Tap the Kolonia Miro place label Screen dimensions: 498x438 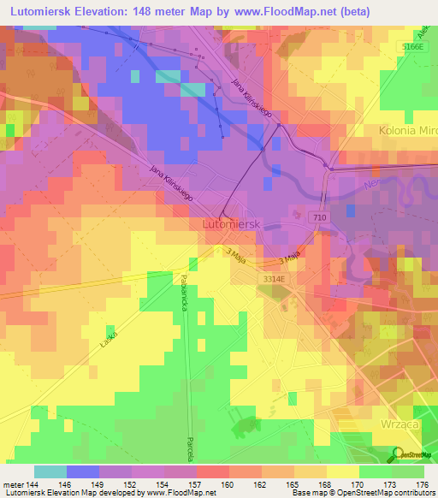point(406,131)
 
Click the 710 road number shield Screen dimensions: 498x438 point(318,219)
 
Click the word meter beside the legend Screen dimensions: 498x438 point(15,484)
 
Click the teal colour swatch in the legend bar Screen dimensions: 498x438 point(50,471)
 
